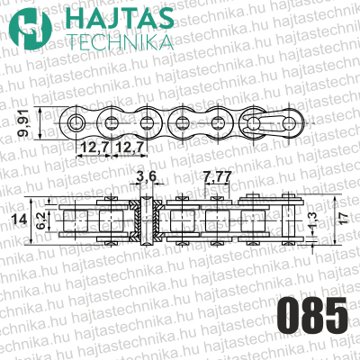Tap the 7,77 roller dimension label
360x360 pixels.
[x=216, y=176]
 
